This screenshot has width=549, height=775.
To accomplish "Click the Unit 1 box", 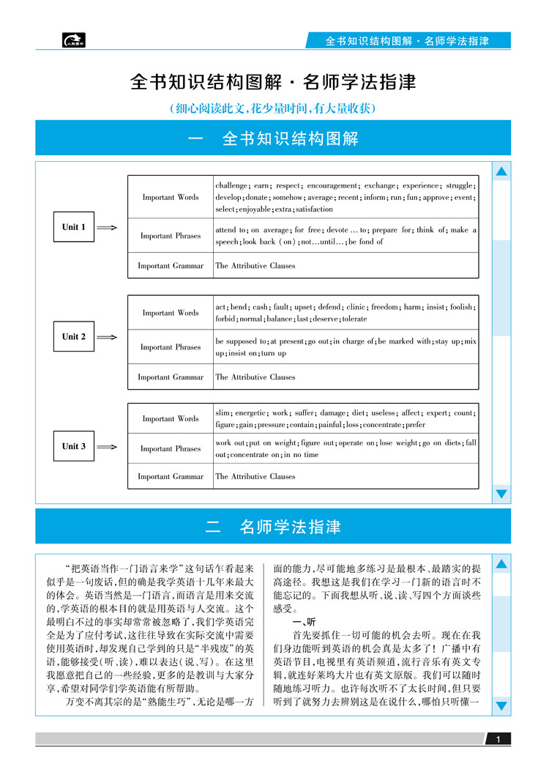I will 74,227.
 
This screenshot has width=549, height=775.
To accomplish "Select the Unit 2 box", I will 74,337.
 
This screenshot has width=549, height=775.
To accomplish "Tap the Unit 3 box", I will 74,446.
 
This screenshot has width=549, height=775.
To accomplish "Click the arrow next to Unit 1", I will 107,228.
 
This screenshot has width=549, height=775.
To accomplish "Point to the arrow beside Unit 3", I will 107,447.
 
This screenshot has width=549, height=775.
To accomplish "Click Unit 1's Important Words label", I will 171,197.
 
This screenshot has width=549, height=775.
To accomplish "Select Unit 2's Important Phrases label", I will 171,347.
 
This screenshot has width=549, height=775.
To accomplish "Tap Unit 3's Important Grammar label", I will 171,476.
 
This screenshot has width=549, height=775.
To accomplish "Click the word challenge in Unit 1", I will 231,186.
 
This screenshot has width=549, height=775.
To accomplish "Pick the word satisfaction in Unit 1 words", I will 313,209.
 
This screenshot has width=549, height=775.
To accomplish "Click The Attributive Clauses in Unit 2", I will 255,377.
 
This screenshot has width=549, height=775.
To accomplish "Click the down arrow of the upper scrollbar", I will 501,494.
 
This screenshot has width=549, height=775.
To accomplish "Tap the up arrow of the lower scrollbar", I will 501,564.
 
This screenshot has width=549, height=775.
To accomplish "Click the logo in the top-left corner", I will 74,40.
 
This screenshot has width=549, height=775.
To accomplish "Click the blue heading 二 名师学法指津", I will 273,527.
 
